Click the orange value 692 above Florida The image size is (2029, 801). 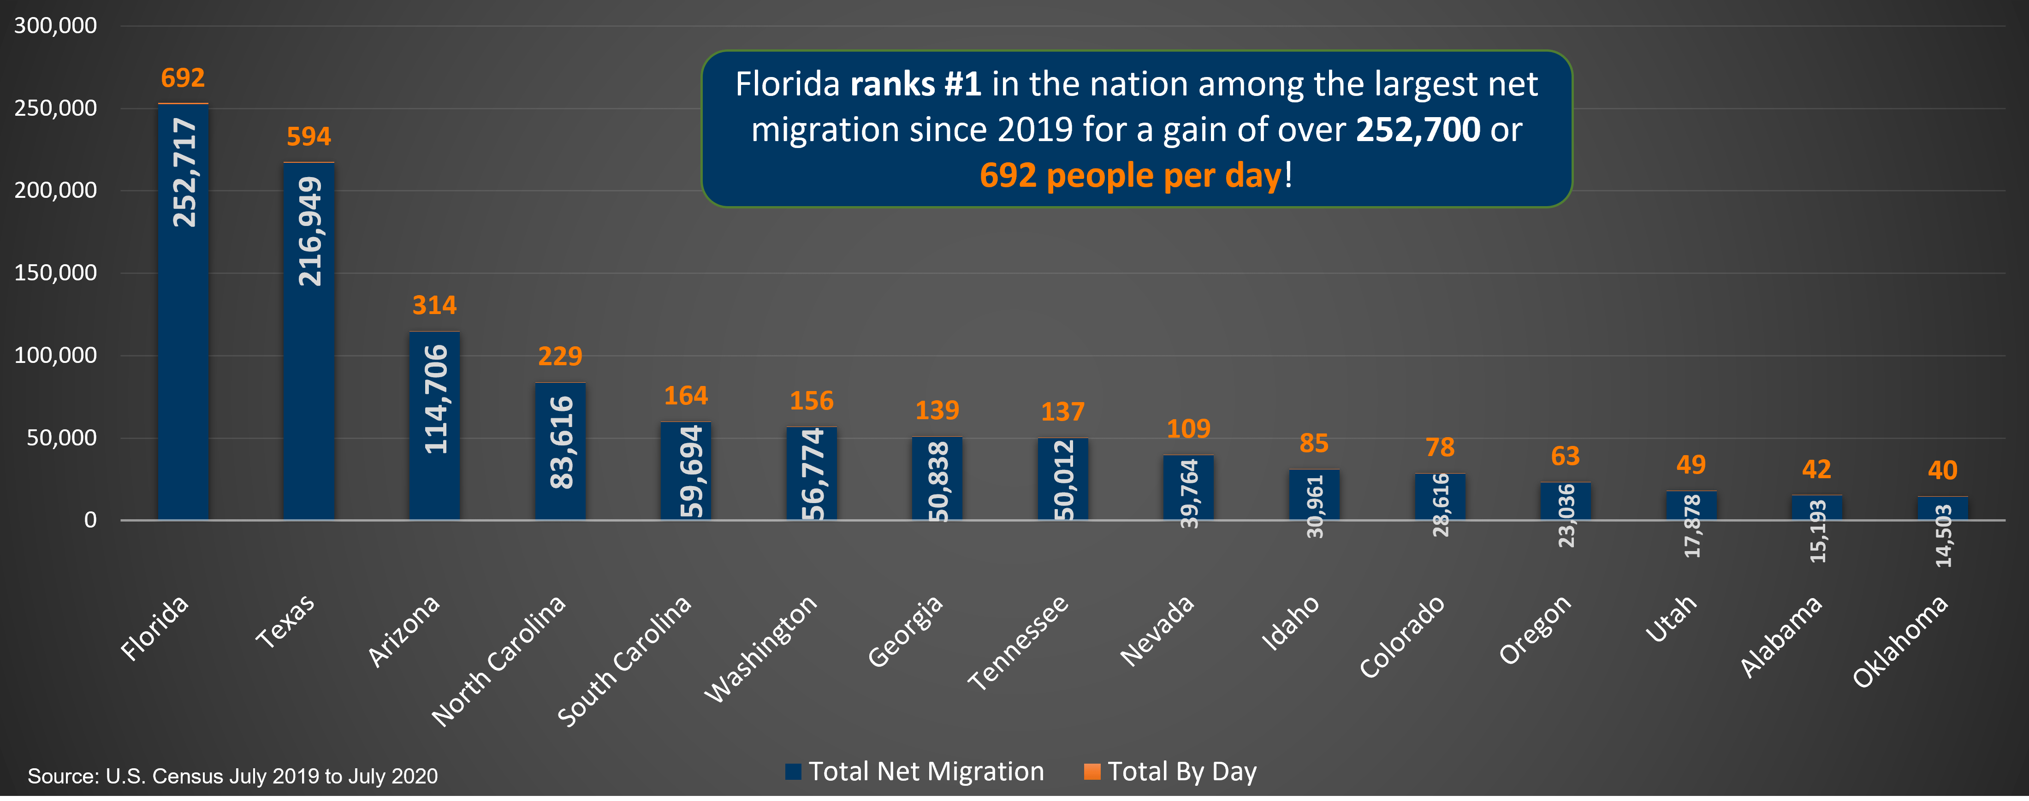[x=183, y=78]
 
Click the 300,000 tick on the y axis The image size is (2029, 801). [x=56, y=26]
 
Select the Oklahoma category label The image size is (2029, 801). [x=1900, y=642]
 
